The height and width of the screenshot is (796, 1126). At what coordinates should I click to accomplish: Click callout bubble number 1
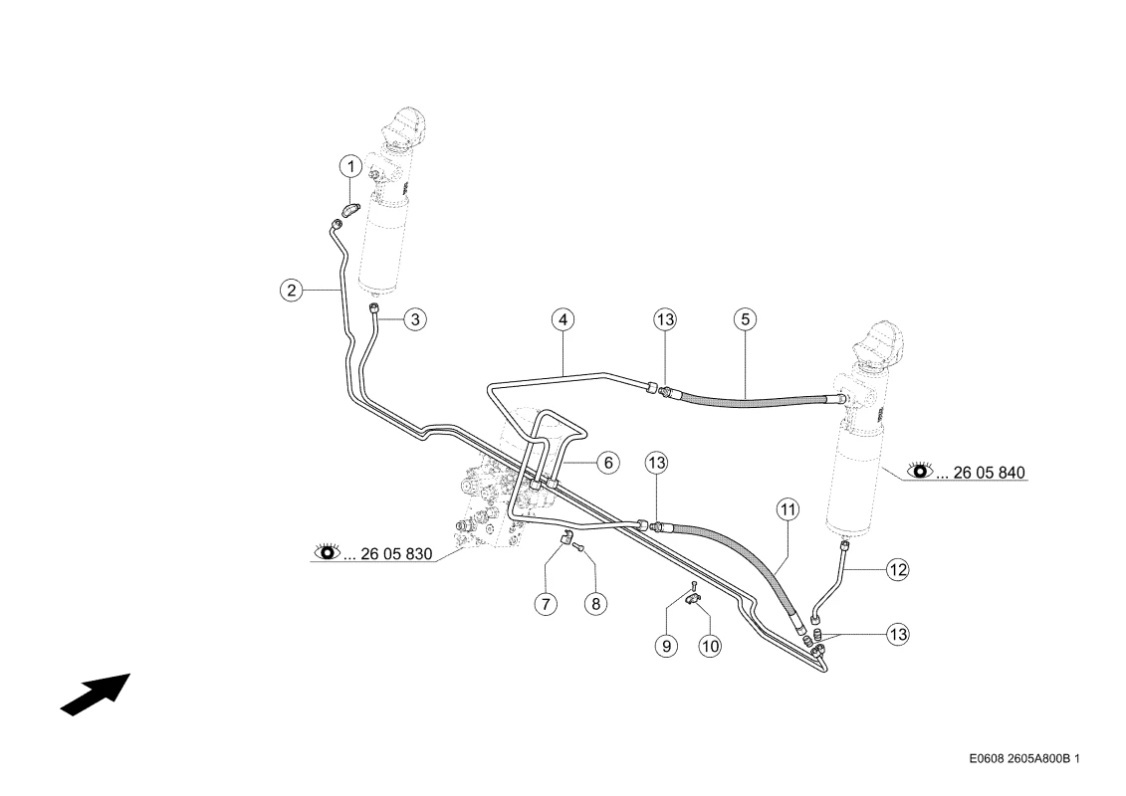351,167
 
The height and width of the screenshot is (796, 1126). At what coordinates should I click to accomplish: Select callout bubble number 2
292,291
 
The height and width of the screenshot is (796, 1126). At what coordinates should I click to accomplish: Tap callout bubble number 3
415,318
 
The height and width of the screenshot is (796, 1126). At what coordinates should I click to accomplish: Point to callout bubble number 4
563,319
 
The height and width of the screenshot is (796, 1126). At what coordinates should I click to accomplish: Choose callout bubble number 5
746,319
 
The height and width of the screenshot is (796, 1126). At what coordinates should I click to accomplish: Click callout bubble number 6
608,463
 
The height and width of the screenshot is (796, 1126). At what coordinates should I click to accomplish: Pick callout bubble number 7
546,604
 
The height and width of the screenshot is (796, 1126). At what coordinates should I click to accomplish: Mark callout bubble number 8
596,604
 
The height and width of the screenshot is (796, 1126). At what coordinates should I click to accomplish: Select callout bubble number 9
666,646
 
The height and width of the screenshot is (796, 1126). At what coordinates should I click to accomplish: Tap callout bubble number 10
710,646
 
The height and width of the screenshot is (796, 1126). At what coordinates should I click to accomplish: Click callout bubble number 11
788,510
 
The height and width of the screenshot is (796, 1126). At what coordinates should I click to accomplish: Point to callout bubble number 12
898,570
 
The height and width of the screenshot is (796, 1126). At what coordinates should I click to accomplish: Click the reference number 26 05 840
989,473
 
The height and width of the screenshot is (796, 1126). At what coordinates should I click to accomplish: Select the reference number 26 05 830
396,554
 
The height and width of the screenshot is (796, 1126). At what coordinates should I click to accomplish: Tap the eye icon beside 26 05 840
920,471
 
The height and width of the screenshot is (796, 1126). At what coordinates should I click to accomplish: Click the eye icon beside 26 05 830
328,552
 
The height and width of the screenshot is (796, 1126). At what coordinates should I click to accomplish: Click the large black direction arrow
96,695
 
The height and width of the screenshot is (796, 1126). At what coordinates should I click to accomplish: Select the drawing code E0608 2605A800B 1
1024,758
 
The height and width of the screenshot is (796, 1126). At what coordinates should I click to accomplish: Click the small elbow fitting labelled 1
351,210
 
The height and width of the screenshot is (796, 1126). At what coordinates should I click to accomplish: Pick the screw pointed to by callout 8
578,548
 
